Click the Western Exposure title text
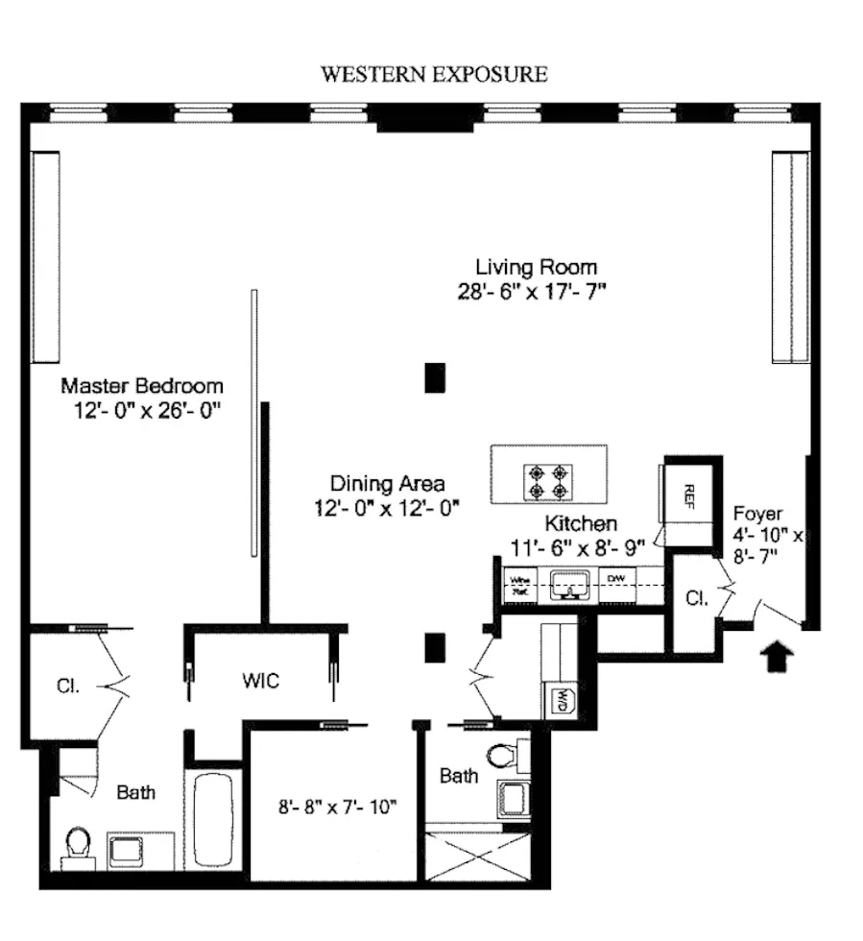pyautogui.click(x=434, y=75)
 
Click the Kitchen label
pyautogui.click(x=580, y=524)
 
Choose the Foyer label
pyautogui.click(x=757, y=513)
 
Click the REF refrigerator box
pyautogui.click(x=689, y=494)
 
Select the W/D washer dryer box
pyautogui.click(x=558, y=702)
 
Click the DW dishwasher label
pyautogui.click(x=614, y=579)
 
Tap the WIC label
pyautogui.click(x=260, y=681)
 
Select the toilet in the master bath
pyautogui.click(x=76, y=846)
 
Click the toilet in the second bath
pyautogui.click(x=503, y=756)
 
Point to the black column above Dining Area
pyautogui.click(x=436, y=376)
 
